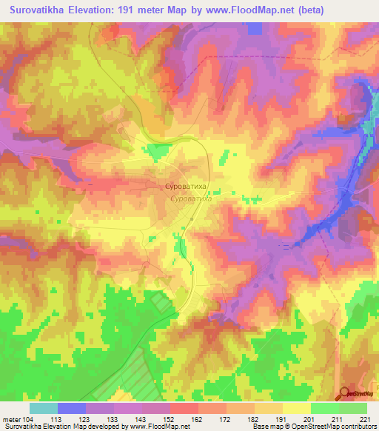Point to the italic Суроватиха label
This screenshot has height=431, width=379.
(191, 199)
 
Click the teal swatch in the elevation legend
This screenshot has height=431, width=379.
(44, 408)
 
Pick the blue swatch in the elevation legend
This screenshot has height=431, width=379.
(72, 408)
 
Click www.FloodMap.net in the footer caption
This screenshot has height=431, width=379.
(158, 427)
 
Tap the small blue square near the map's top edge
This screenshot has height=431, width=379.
(254, 28)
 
